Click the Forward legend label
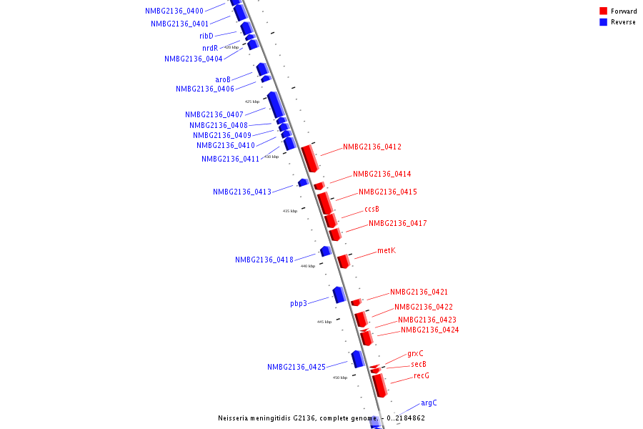tap(624, 11)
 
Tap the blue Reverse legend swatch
tap(604, 22)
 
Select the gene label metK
tap(386, 251)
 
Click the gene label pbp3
tap(299, 303)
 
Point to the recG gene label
tap(422, 376)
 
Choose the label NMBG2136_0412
tap(372, 147)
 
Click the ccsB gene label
tap(372, 209)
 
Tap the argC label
tap(429, 403)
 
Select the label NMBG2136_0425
tap(296, 368)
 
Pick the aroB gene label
tap(223, 79)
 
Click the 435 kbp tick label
tap(289, 211)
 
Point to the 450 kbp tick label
tap(339, 378)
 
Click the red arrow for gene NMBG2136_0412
tap(309, 158)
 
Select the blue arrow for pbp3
tap(339, 294)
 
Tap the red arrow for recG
tap(379, 385)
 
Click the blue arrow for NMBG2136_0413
tap(303, 182)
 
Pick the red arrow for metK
tap(344, 261)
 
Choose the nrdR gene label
tap(210, 49)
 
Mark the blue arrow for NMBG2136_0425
tap(358, 359)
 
